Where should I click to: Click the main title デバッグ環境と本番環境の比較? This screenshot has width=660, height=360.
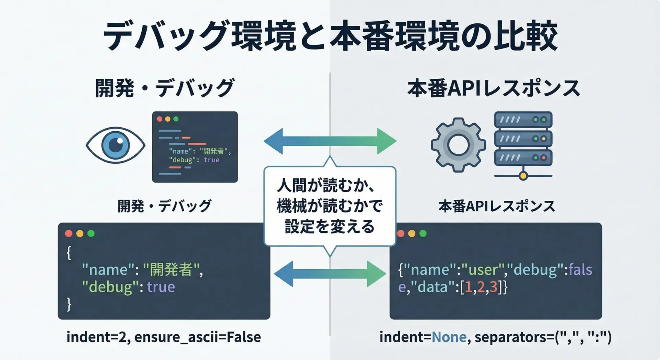[x=330, y=36]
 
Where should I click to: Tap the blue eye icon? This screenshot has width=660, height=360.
[x=115, y=145]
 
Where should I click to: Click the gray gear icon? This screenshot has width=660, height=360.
[x=458, y=145]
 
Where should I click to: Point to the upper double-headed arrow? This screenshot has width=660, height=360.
[x=330, y=141]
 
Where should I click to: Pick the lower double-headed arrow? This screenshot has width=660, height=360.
[x=330, y=274]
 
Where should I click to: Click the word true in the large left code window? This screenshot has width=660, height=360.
[x=161, y=287]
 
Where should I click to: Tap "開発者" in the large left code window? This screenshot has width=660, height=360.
[x=171, y=270]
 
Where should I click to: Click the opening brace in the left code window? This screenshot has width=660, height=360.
[x=69, y=253]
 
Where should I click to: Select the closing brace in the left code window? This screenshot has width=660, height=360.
[x=69, y=304]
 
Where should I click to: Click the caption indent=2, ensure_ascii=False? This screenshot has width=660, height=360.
[x=164, y=337]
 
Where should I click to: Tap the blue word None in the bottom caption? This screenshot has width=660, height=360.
[x=449, y=337]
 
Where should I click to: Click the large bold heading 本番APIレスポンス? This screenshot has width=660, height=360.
[x=494, y=88]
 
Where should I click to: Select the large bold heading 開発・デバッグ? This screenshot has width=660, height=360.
[x=164, y=88]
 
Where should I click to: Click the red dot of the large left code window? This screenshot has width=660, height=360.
[x=69, y=233]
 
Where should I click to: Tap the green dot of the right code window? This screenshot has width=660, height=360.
[x=423, y=233]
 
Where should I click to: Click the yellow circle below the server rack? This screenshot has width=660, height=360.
[x=523, y=176]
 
